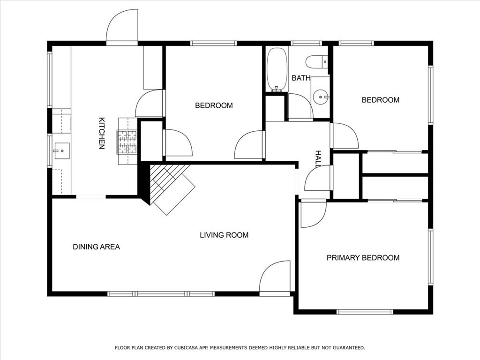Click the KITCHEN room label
click(x=102, y=133)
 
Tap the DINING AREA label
click(x=97, y=247)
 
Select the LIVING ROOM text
click(x=224, y=235)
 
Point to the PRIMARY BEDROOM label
click(x=363, y=258)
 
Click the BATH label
click(x=301, y=78)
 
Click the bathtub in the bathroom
click(x=277, y=69)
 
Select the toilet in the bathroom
click(x=316, y=61)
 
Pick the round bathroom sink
click(x=321, y=97)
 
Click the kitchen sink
click(x=61, y=151)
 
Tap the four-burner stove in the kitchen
click(x=127, y=142)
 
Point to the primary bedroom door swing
click(x=314, y=213)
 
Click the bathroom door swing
click(x=300, y=106)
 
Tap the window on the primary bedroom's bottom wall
click(x=365, y=312)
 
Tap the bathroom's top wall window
click(x=306, y=43)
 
